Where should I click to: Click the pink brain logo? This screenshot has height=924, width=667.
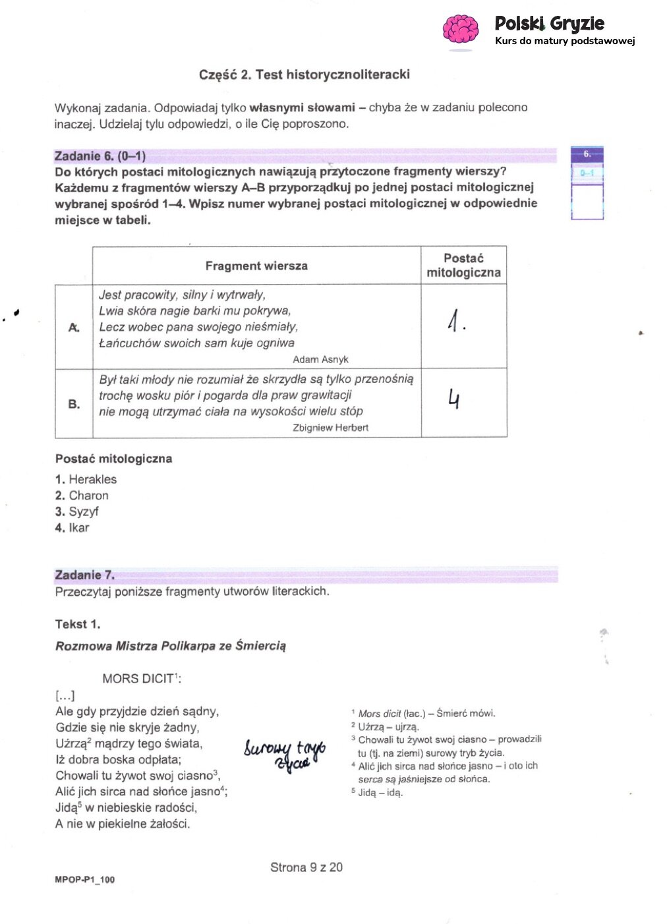[460, 30]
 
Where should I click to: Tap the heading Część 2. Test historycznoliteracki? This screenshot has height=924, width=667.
[304, 74]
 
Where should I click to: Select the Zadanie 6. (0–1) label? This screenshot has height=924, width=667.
[100, 156]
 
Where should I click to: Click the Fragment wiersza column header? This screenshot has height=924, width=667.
[256, 266]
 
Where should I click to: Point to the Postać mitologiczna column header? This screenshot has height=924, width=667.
[463, 266]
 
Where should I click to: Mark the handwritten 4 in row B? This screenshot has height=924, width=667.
[453, 399]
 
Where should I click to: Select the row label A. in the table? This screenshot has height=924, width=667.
[74, 328]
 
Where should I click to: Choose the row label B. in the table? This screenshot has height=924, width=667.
[74, 404]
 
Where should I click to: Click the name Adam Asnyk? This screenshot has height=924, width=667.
[320, 359]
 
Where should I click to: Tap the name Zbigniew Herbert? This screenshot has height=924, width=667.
[330, 428]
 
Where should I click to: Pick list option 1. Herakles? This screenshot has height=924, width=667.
[86, 479]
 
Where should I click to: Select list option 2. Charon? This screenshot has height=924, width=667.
[82, 496]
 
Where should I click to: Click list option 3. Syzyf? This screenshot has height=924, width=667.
[77, 511]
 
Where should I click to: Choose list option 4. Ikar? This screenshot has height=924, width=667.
[72, 528]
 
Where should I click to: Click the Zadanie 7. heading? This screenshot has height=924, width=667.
[84, 575]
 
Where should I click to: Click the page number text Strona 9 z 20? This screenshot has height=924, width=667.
[306, 867]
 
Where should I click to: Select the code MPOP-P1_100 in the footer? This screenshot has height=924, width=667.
[84, 880]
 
